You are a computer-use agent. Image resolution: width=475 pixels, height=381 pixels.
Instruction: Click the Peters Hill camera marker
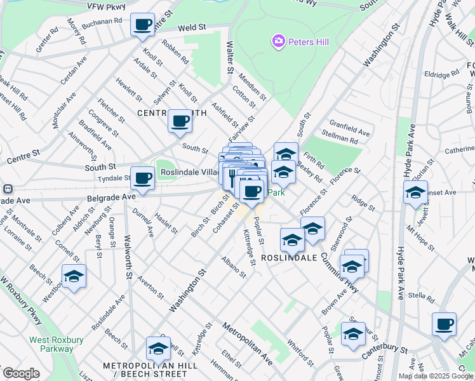[278, 42]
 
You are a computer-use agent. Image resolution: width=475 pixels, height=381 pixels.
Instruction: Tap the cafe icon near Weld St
[142, 25]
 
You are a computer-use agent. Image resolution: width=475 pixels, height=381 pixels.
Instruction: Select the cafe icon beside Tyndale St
[142, 178]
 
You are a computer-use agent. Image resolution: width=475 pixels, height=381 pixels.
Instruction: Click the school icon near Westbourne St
[74, 276]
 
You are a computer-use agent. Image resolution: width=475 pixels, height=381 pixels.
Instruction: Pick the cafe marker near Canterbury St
[444, 324]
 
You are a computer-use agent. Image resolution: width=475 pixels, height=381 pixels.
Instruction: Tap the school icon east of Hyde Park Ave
[415, 193]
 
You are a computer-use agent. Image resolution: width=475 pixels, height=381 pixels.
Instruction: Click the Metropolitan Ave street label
[248, 344]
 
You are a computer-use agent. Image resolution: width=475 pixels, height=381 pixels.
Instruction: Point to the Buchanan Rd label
[101, 21]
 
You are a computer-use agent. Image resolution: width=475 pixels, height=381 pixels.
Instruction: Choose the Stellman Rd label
[340, 138]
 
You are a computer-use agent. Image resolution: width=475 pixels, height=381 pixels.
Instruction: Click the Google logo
[22, 373]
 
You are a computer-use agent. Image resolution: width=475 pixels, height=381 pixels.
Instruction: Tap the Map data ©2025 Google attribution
[436, 376]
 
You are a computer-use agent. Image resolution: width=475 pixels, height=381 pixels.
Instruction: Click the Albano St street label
[233, 267]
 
